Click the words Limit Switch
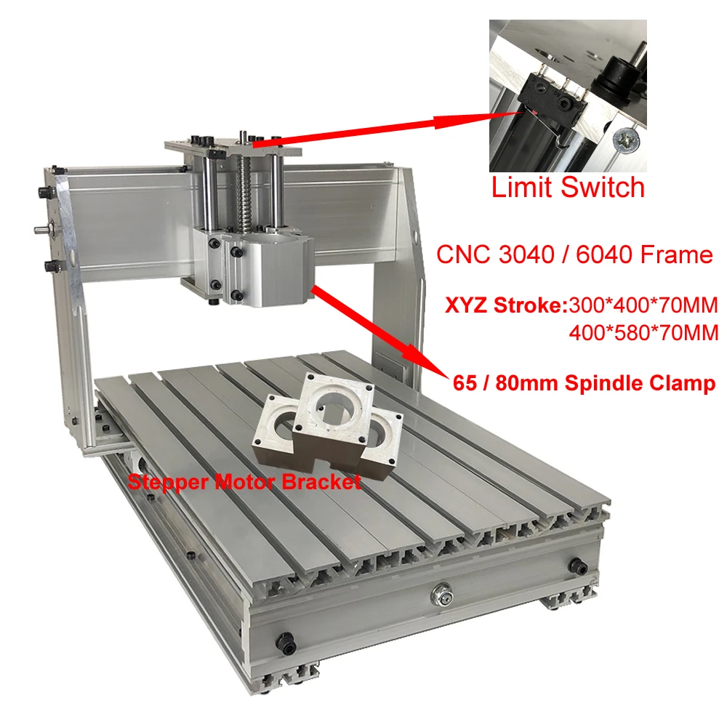coord(568,187)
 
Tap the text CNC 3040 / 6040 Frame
coord(574,254)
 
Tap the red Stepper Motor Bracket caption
coord(244,481)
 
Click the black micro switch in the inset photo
coord(542,95)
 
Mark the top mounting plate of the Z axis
coord(233,146)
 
